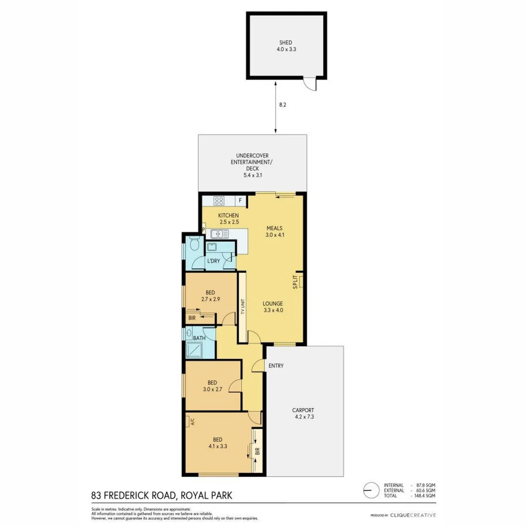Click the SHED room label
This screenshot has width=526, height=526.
[286, 45]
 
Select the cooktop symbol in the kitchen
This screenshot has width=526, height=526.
[219, 200]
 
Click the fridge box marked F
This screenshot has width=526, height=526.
[240, 200]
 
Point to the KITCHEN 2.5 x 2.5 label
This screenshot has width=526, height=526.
[228, 219]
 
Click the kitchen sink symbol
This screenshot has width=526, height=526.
[220, 234]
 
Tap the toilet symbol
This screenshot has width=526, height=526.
[194, 243]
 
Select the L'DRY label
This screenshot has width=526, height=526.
[214, 262]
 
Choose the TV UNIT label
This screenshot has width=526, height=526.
[242, 307]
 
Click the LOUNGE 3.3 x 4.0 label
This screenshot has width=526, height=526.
[274, 307]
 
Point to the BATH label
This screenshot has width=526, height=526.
[199, 338]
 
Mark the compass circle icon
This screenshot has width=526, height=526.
[371, 488]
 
